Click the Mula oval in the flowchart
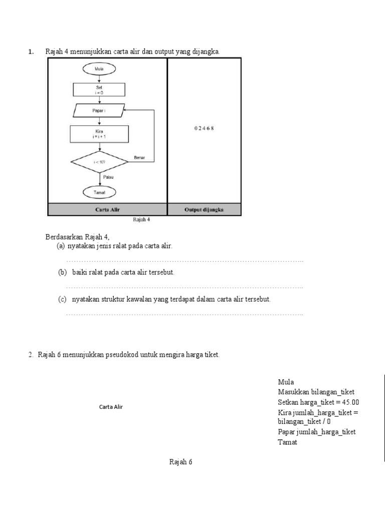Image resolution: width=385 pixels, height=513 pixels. point(99,69)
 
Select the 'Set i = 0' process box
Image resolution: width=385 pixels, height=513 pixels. point(99,89)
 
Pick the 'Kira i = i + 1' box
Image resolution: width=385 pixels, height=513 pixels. point(99,134)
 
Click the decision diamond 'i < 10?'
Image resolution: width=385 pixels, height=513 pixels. point(99,162)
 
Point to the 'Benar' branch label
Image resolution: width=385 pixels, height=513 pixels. point(139,158)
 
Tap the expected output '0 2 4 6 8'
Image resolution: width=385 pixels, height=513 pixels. point(204,128)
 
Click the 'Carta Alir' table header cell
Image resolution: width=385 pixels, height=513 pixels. point(107,210)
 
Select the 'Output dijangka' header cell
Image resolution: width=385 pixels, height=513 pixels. point(204,210)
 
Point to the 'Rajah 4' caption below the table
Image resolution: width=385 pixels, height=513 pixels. point(141,219)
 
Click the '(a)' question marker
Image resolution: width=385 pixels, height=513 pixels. point(61,246)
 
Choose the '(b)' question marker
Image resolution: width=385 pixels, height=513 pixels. point(63,272)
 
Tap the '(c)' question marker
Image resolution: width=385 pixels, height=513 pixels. point(63,299)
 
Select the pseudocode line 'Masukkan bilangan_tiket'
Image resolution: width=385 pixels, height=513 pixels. point(319,392)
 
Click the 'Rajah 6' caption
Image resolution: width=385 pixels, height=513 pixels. point(180,462)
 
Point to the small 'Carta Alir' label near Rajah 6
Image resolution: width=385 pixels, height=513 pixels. point(111,407)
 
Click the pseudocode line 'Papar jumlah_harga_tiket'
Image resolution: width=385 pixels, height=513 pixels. point(316,432)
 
